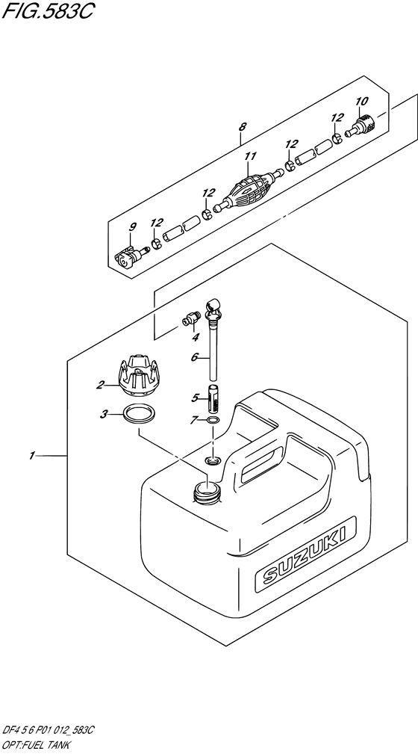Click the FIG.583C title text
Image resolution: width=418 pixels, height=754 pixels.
pos(46,10)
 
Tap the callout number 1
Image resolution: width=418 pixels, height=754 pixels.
pos(31,456)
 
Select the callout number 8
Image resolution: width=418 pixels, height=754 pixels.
pos(243,128)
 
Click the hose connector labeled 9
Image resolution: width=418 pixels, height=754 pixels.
pos(131,256)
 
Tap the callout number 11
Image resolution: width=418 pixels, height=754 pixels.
pos(250,156)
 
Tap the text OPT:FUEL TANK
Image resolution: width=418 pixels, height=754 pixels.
pos(37,744)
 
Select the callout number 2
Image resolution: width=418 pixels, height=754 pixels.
pos(101,384)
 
